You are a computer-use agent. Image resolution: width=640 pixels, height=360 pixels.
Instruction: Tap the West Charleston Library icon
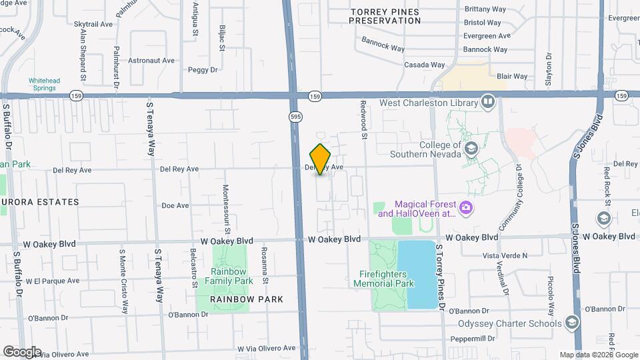(x=488, y=103)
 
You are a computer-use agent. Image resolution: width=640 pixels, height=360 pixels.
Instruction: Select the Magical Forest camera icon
(x=466, y=209)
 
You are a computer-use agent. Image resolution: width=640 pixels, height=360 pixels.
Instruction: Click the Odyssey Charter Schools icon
(x=571, y=323)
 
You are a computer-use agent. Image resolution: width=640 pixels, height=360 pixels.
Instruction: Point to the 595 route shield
(x=295, y=117)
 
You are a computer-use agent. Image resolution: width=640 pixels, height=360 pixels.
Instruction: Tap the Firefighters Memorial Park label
(x=387, y=278)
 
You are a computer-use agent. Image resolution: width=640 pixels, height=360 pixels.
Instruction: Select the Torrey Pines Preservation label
(x=386, y=16)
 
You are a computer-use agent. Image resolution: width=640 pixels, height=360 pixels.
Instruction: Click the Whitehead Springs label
(x=44, y=85)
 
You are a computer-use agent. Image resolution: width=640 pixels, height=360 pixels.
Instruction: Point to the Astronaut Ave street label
(x=152, y=61)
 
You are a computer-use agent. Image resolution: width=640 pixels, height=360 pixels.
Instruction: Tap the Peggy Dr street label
(x=203, y=69)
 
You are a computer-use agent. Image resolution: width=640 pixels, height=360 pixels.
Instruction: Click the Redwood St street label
(x=364, y=119)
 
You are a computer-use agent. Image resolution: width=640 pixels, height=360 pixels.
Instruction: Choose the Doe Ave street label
(x=175, y=206)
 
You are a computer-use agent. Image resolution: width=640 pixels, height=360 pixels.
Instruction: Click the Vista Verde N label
(x=505, y=255)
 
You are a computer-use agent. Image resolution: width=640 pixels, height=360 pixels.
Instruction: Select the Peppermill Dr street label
(x=475, y=339)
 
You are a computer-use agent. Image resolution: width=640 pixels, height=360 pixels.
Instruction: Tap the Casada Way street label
(x=425, y=65)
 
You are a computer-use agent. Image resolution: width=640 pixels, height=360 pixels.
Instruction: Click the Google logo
(x=21, y=351)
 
